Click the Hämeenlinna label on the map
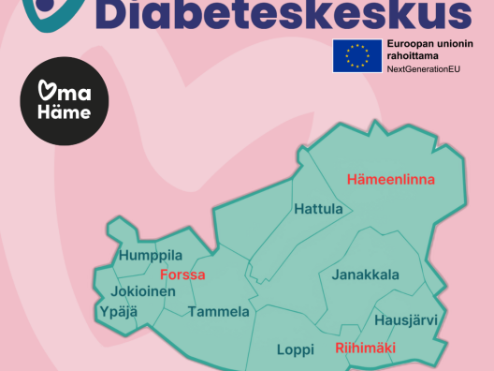pos(391,178)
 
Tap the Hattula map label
pos(318,209)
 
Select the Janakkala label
pos(365,275)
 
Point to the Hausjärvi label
pos(405,320)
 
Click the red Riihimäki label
pos(365,348)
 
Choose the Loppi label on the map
pos(296,349)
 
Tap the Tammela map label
pos(218,311)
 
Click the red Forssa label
pos(182,275)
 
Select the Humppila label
pos(150,255)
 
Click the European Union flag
pos(355,56)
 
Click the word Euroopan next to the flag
pos(412,44)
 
